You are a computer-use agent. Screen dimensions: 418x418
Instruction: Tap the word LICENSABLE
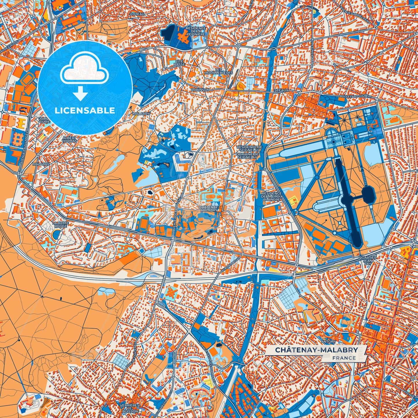[85, 111]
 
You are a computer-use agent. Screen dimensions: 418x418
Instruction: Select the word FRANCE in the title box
[344, 358]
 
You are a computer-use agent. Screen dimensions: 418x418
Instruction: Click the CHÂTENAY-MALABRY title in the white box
[316, 350]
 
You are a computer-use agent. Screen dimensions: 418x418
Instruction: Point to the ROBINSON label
[200, 90]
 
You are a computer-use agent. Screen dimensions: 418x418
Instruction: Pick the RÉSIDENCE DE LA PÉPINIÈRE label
[196, 31]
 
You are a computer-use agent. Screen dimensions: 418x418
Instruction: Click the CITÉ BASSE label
[179, 63]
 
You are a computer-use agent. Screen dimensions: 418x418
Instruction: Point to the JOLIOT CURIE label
[45, 120]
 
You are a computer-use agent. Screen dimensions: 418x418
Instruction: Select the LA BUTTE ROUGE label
[60, 224]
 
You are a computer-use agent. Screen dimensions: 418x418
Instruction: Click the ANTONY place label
[329, 341]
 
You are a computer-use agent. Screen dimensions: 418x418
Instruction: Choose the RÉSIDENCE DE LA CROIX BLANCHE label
[271, 196]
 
